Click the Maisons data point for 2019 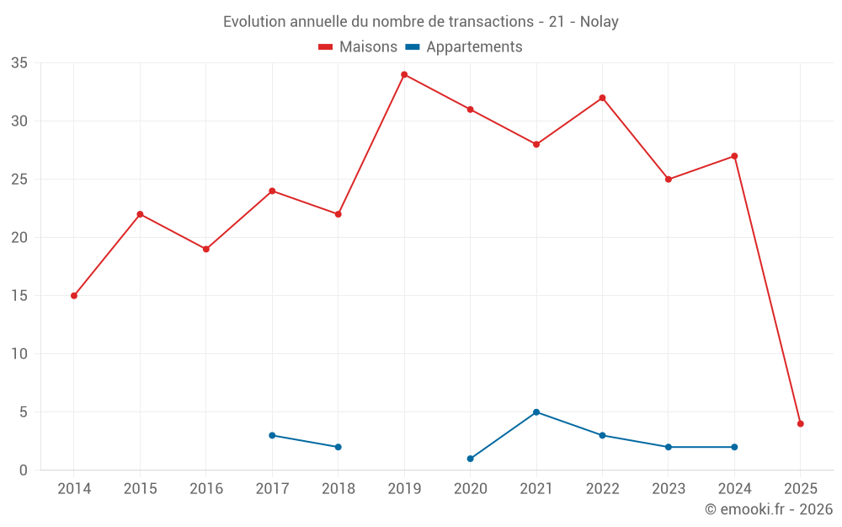pos(404,74)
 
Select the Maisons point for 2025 pos(801,424)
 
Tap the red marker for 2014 pos(74,296)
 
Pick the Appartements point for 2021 pos(536,412)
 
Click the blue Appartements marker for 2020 pos(470,459)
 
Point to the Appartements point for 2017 pos(272,435)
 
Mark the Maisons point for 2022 pos(602,98)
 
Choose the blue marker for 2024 pos(734,447)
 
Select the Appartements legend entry pos(474,47)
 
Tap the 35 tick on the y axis pos(19,63)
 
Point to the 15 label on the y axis pos(19,296)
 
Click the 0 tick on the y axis pos(24,471)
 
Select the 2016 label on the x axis pos(206,489)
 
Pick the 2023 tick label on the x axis pos(669,489)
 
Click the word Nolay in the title pos(600,22)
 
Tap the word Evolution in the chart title pos(253,22)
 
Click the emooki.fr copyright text pos(769,509)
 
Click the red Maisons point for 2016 pos(206,249)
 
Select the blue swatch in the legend pos(413,47)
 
